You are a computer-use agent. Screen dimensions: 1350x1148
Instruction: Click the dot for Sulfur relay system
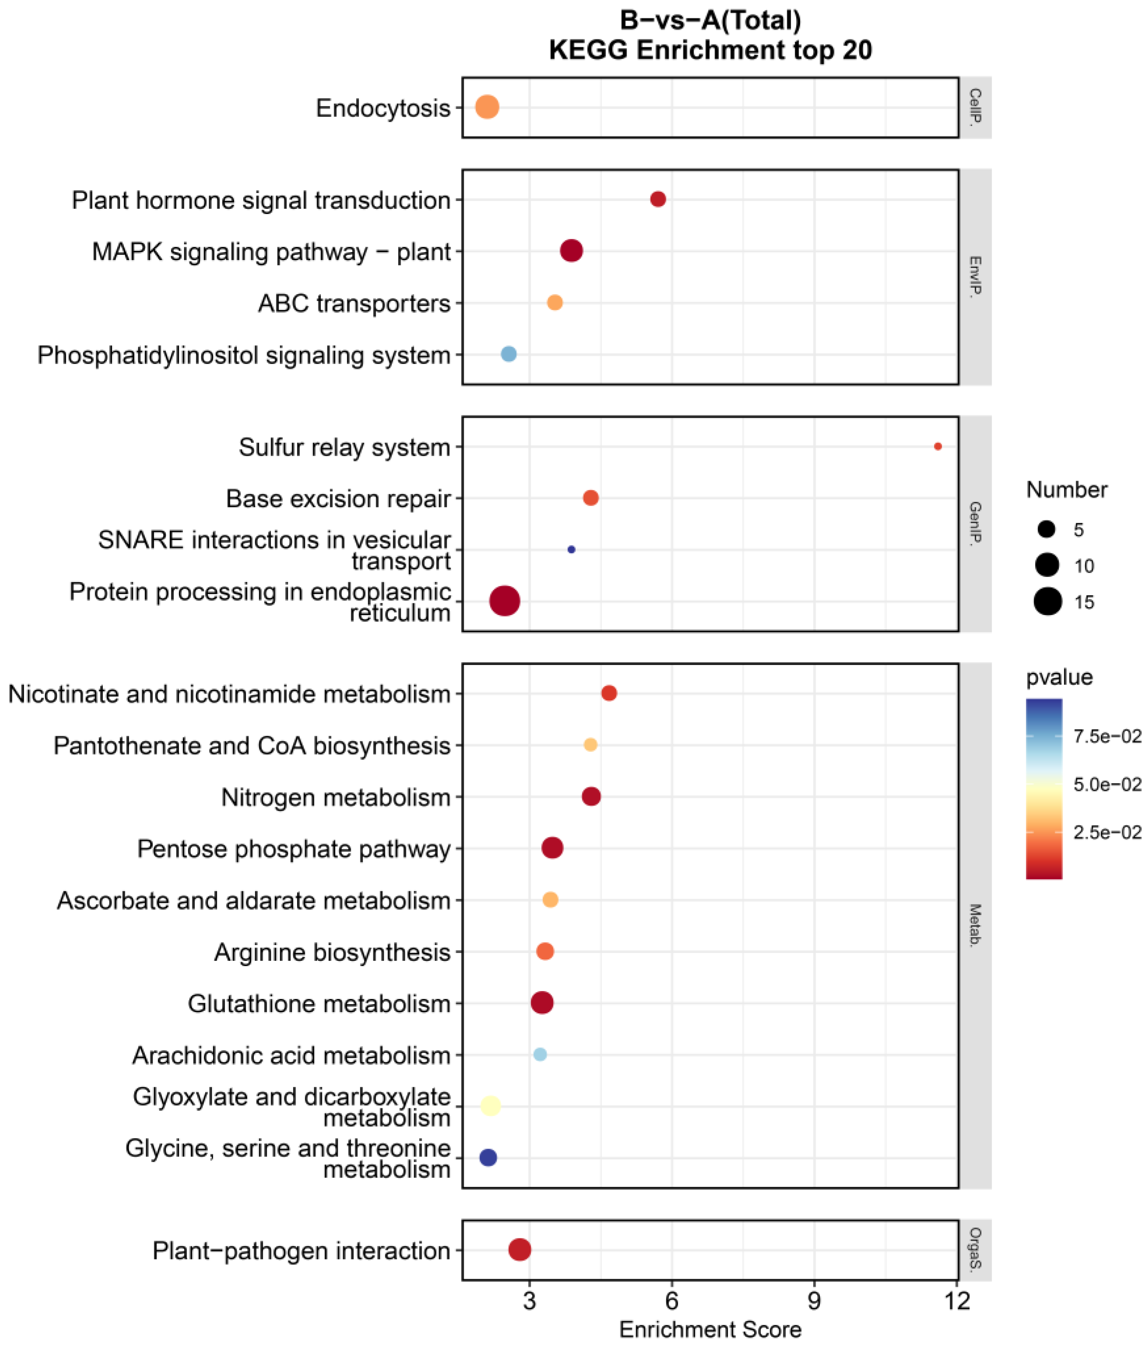[937, 446]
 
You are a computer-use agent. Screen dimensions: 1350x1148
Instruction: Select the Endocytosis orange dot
[487, 107]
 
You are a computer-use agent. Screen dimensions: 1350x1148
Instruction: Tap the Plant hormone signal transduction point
[658, 199]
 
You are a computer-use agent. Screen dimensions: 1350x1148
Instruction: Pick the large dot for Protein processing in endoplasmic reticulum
[504, 601]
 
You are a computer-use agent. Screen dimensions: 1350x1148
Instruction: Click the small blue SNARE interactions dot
[571, 550]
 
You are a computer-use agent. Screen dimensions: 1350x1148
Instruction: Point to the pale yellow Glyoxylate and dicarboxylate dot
[491, 1105]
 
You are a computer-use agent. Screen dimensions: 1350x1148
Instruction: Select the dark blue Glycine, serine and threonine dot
[488, 1157]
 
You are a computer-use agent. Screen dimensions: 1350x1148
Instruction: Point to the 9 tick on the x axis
[814, 1301]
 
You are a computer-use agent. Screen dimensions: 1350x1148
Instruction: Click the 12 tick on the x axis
[957, 1301]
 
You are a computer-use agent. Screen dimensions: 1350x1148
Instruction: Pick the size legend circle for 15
[1047, 601]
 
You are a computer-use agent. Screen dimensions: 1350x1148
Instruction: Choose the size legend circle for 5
[1046, 529]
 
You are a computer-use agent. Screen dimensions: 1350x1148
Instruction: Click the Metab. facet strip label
[975, 925]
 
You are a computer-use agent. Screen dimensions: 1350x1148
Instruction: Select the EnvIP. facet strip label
[975, 277]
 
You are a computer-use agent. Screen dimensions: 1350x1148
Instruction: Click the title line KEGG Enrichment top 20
[710, 50]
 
